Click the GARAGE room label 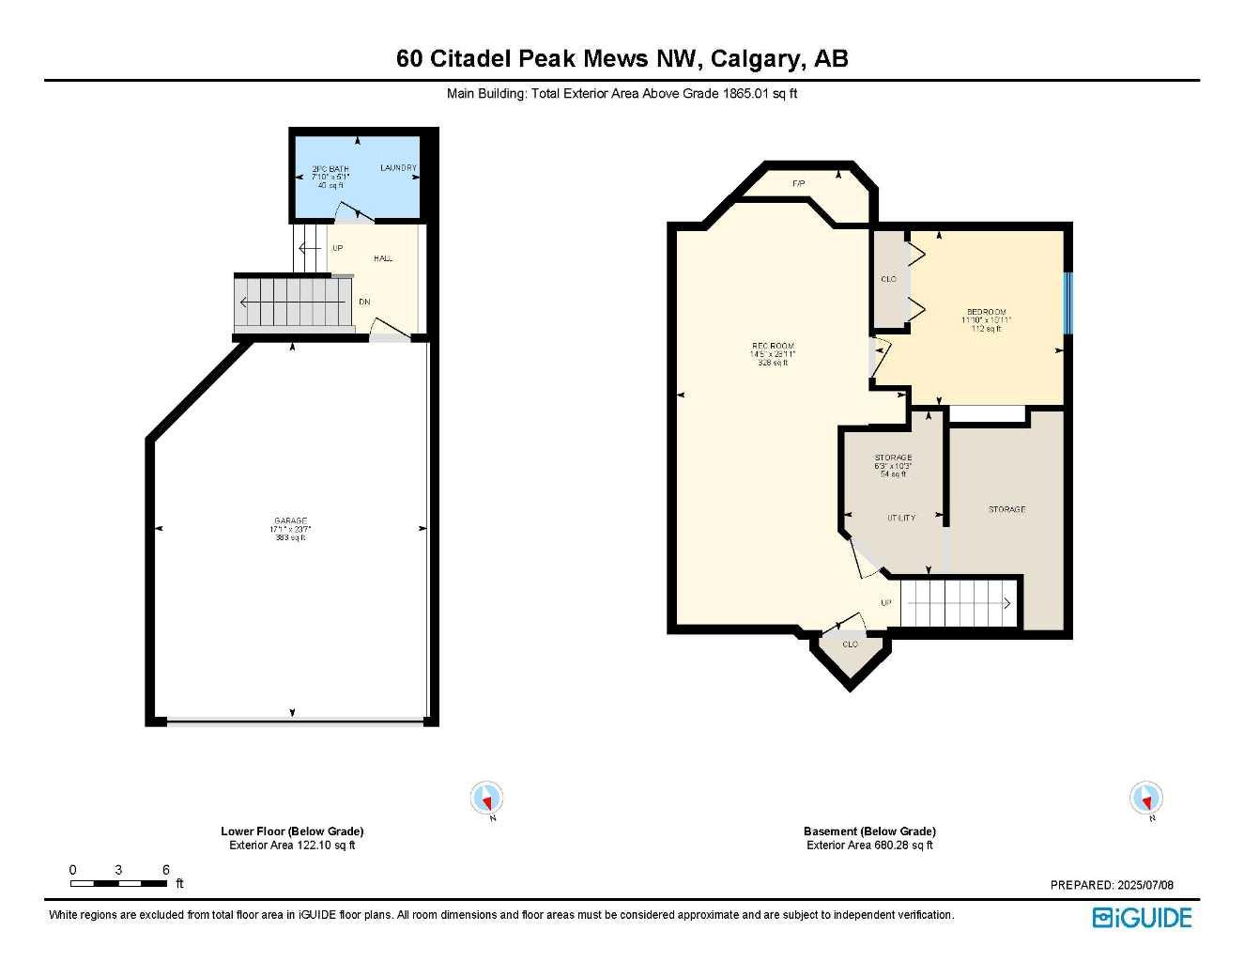(x=290, y=520)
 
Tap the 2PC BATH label (x=330, y=169)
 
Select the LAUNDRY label (x=398, y=168)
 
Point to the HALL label (x=383, y=258)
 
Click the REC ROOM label (x=773, y=347)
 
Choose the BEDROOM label (x=986, y=312)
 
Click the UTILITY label (x=901, y=518)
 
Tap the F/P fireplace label (x=799, y=183)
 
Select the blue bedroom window (x=1067, y=303)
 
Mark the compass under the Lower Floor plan (x=486, y=799)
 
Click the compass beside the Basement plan (x=1145, y=799)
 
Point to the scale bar (x=119, y=883)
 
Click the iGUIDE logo (x=1142, y=918)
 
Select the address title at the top (x=622, y=58)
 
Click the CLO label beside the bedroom (x=888, y=279)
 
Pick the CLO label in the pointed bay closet (x=850, y=644)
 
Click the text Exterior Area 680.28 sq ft (x=869, y=846)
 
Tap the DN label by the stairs (x=364, y=302)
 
